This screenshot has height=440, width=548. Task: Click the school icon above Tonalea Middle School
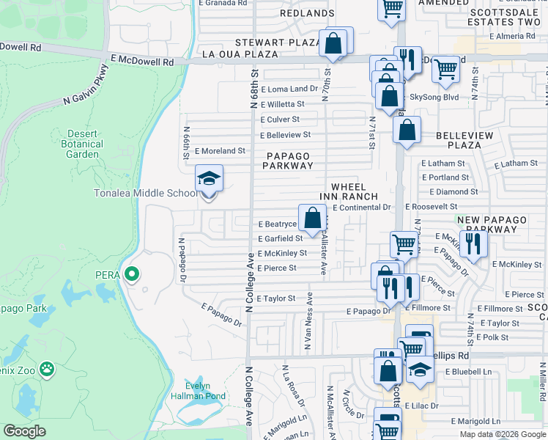(209, 179)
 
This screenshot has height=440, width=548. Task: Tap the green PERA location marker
(132, 275)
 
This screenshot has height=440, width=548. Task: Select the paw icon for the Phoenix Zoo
(48, 368)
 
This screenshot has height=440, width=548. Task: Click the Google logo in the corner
(25, 431)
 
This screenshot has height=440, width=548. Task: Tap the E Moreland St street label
(219, 150)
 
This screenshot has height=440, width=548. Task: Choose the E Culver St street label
(280, 119)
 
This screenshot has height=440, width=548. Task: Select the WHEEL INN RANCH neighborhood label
(349, 191)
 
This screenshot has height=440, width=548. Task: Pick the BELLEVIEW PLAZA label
(469, 140)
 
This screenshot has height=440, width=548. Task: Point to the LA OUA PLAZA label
(240, 54)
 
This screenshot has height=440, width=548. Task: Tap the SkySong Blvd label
(434, 97)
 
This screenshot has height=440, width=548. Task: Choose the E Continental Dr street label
(362, 208)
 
